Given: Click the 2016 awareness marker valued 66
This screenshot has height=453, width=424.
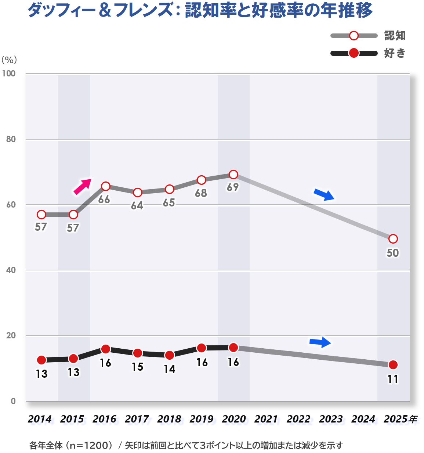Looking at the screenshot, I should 105,186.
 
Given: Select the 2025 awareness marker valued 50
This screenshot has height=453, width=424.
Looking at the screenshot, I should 393,239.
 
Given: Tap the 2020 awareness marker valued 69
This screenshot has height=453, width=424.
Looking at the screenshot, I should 233,174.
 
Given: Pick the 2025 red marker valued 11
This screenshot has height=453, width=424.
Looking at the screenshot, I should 393,365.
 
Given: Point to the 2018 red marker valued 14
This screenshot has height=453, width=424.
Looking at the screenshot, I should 169,355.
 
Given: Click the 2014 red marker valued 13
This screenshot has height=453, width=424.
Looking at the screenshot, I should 41,360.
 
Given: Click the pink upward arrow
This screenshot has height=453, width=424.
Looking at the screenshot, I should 82,186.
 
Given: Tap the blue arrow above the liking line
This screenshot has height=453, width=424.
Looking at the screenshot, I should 320,342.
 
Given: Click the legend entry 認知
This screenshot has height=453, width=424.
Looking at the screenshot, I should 395,36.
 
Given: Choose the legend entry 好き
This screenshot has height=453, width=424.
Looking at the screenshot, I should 395,53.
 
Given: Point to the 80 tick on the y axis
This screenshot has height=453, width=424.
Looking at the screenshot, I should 11,139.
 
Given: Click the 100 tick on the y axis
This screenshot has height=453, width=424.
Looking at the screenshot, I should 9,73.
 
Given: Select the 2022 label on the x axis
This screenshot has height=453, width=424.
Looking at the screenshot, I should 298,419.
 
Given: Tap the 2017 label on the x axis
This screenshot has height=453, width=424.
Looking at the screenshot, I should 137,419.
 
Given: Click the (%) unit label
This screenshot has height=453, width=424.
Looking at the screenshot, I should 9,60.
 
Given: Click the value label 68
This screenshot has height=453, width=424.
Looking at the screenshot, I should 201,193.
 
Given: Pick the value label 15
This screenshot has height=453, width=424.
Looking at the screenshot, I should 137,367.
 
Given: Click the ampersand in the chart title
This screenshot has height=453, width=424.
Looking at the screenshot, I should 105,10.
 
